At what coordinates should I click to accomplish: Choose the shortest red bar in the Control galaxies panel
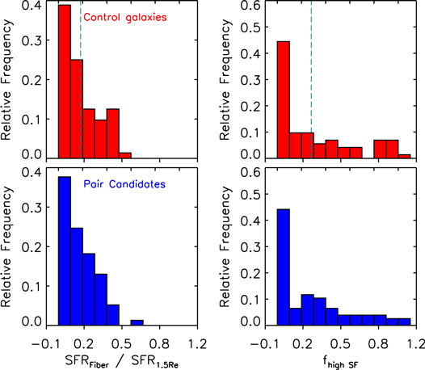[125, 156]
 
